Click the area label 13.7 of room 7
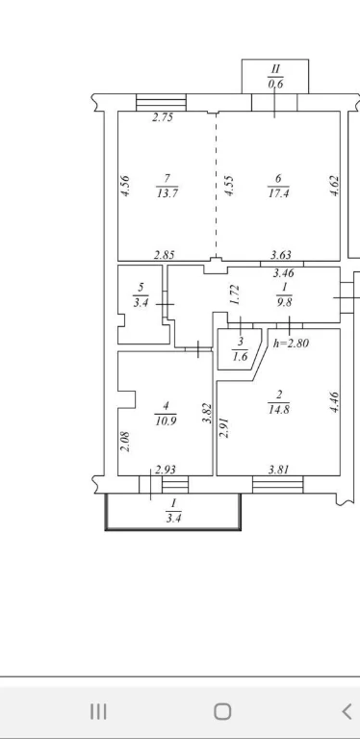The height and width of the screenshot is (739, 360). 167,192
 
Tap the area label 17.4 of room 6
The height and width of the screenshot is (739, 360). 278,192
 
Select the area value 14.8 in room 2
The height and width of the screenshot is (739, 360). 279,409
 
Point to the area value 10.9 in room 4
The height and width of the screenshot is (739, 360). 166,420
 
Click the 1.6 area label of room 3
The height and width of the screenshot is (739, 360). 240,356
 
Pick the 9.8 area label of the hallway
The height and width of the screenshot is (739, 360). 285,301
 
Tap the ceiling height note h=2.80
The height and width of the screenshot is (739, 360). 292,344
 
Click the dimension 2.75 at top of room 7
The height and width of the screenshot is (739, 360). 163,117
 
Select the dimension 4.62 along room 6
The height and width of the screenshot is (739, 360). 335,186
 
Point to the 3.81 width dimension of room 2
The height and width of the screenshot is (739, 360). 279,470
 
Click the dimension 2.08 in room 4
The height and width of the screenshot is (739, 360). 125,442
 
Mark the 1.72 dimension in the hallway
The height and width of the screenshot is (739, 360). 236,294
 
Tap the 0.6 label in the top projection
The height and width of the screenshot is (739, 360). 275,84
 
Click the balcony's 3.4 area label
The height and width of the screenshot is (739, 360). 173,519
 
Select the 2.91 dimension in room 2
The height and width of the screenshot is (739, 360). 224,427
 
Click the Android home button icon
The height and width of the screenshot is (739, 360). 222,711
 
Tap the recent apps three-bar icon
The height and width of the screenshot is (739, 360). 98,711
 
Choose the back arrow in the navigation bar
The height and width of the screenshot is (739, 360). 347,711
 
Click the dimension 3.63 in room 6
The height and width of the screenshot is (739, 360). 282,255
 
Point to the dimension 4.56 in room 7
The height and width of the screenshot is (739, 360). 125,186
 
